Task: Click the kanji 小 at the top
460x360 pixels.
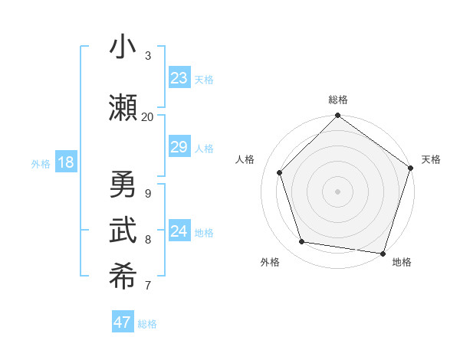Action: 123,47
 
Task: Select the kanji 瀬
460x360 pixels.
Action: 123,108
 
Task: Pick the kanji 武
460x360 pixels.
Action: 123,231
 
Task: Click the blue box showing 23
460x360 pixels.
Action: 179,78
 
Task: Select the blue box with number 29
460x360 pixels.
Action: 179,147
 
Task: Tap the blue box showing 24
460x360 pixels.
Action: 179,231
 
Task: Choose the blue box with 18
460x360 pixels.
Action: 65,162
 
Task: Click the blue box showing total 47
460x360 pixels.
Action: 123,322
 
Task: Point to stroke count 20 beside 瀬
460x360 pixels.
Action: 147,116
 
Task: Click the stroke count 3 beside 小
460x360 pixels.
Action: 147,56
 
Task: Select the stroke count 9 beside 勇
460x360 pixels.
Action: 147,194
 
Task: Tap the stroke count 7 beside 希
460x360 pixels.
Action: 147,286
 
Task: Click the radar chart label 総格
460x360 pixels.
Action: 337,100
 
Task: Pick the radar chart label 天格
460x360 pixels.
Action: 431,159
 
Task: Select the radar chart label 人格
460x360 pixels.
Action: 245,159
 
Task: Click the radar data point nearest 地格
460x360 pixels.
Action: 383,253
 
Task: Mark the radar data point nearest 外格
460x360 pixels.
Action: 302,242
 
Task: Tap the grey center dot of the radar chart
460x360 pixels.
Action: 337,191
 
